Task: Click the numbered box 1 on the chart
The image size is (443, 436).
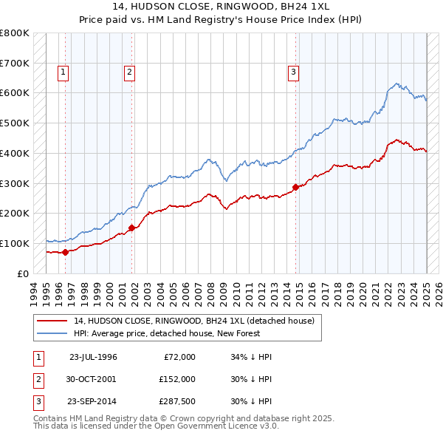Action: coord(64,72)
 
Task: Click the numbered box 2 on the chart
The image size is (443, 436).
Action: coord(129,72)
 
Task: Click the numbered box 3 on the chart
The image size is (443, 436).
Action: coord(293,72)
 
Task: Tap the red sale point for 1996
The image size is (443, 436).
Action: coord(65,252)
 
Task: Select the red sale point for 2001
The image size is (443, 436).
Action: coord(132,228)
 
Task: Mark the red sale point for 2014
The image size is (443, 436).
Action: coord(296,187)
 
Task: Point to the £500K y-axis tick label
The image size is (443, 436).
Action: coord(14,123)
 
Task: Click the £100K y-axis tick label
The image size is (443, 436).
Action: coord(14,243)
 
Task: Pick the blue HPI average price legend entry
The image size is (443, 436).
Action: coord(184,333)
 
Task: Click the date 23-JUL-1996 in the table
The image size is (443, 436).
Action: coord(93,357)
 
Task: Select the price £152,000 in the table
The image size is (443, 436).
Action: coord(176,379)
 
